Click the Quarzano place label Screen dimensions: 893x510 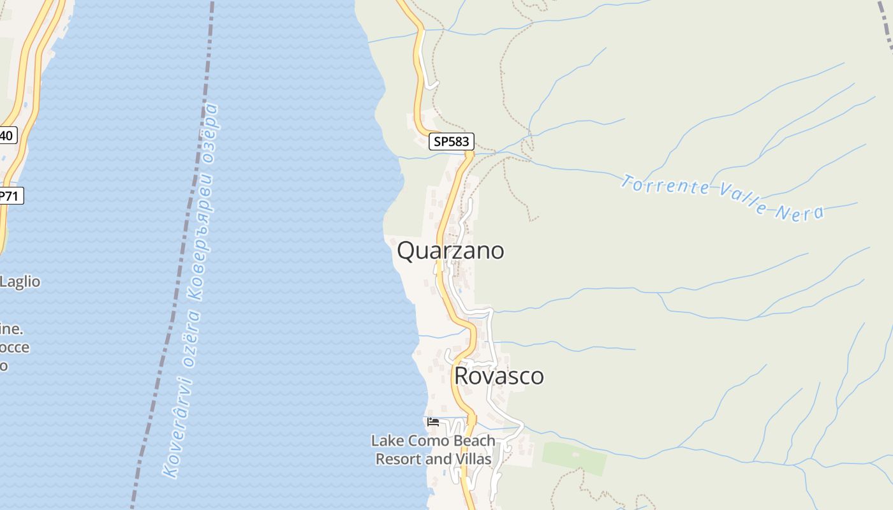(x=450, y=251)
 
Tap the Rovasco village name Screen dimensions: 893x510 (x=499, y=376)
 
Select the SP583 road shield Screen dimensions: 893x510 (x=452, y=142)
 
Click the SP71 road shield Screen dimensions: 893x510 (x=10, y=196)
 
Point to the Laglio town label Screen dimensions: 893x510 (x=20, y=282)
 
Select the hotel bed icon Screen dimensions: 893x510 (x=433, y=421)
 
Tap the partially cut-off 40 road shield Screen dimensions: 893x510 (x=6, y=135)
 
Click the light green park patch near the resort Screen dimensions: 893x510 (x=575, y=458)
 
